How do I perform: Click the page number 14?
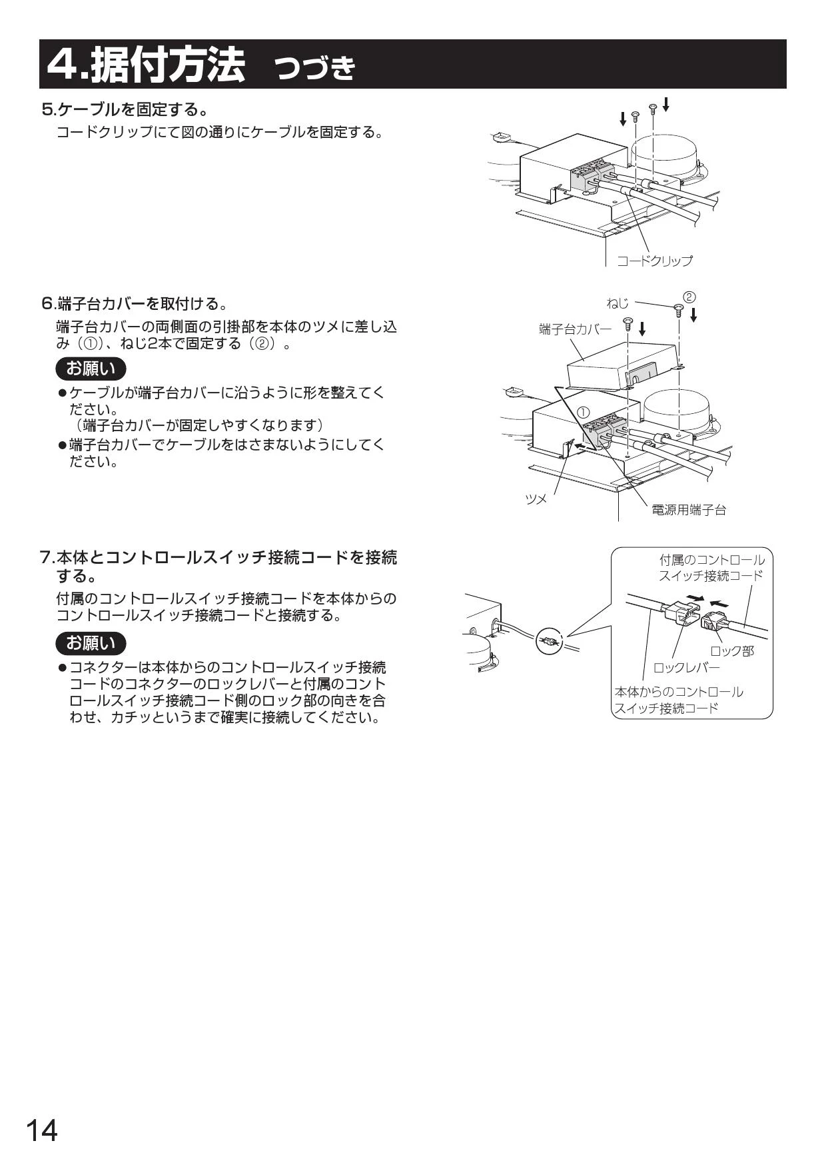(x=41, y=1131)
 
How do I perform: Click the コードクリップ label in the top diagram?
(x=654, y=261)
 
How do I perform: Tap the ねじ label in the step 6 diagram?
(x=618, y=303)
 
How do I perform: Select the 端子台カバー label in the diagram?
(x=575, y=329)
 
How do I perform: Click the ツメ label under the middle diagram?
(x=536, y=499)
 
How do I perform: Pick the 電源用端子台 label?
(x=688, y=510)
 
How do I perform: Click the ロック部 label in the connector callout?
(x=732, y=651)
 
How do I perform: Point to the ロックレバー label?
(x=686, y=667)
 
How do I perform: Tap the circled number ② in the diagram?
(x=689, y=296)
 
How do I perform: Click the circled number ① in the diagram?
(x=584, y=411)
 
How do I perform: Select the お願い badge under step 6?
(x=91, y=368)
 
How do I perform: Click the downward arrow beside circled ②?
(x=693, y=315)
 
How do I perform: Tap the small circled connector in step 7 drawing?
(x=549, y=642)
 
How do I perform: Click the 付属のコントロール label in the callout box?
(x=712, y=560)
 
